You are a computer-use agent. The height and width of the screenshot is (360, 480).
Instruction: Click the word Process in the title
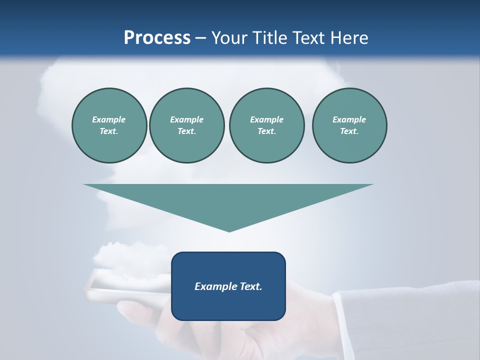tap(157, 38)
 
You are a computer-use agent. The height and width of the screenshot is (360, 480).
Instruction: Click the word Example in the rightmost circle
tap(349, 119)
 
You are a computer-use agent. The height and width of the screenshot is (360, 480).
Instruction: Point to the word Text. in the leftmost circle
tap(108, 131)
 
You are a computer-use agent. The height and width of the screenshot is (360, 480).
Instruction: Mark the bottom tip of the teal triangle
tap(229, 231)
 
